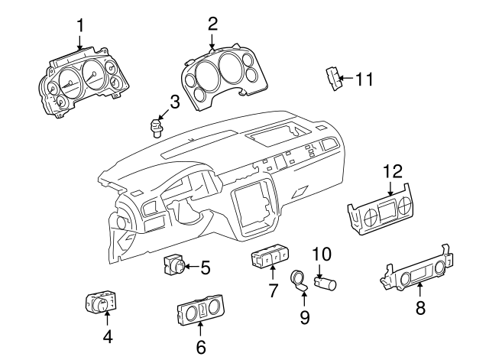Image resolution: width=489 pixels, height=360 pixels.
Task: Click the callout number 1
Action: pyautogui.click(x=80, y=28)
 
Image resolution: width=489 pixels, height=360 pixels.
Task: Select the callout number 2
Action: pyautogui.click(x=212, y=24)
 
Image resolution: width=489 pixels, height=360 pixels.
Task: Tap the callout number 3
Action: pyautogui.click(x=174, y=100)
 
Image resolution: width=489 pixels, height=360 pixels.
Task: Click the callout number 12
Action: pyautogui.click(x=392, y=173)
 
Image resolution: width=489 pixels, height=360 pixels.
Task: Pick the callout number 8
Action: pyautogui.click(x=419, y=309)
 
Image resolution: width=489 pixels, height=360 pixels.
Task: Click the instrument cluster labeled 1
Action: pyautogui.click(x=81, y=79)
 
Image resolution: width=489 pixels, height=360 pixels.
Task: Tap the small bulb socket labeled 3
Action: pyautogui.click(x=158, y=123)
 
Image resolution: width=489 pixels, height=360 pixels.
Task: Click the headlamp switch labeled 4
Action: pyautogui.click(x=100, y=303)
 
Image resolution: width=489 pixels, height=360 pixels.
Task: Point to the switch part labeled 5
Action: pyautogui.click(x=175, y=267)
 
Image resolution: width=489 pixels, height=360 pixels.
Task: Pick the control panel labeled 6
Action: pyautogui.click(x=199, y=312)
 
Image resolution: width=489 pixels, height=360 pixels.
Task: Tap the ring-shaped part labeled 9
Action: pyautogui.click(x=298, y=281)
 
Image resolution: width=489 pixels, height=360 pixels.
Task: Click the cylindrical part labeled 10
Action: pyautogui.click(x=328, y=285)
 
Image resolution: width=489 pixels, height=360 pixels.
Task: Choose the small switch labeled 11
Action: pyautogui.click(x=332, y=78)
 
